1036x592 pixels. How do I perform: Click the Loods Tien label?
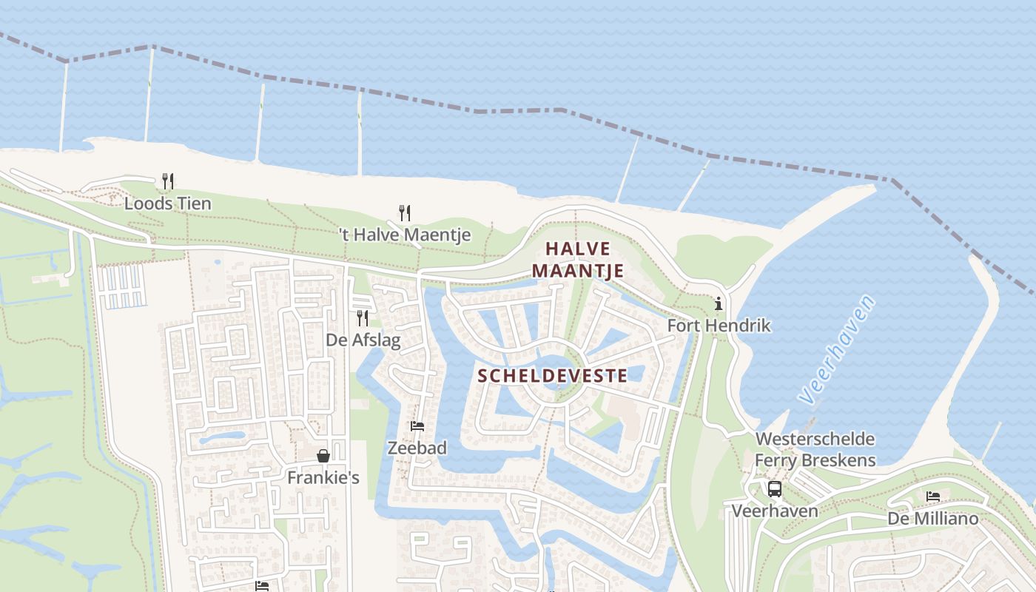pos(167,203)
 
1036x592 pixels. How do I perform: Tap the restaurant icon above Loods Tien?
pos(168,181)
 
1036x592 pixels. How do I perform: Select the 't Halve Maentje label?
pos(405,235)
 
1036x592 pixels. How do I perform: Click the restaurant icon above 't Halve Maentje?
pos(405,213)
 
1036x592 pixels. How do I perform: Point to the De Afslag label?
pos(363,340)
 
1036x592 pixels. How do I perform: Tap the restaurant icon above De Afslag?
pos(363,318)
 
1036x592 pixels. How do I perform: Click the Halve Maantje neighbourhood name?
pos(578,260)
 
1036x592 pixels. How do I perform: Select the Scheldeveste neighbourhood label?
pos(552,376)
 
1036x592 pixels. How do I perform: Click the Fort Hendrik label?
pos(719,326)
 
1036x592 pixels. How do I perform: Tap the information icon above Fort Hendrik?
pos(718,303)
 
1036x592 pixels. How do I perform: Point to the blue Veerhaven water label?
pos(837,349)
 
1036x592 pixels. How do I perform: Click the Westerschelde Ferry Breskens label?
pos(815,450)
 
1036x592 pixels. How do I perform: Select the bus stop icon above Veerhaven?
pos(775,489)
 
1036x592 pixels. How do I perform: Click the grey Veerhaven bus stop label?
pos(775,511)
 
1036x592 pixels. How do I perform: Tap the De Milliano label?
pos(932,519)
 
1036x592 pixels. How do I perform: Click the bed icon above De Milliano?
pos(933,497)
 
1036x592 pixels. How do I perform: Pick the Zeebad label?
pos(417,448)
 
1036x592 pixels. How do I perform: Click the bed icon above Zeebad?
pos(417,426)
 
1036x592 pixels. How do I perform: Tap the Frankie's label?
pos(323,478)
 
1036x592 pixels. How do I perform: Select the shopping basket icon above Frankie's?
pos(323,456)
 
